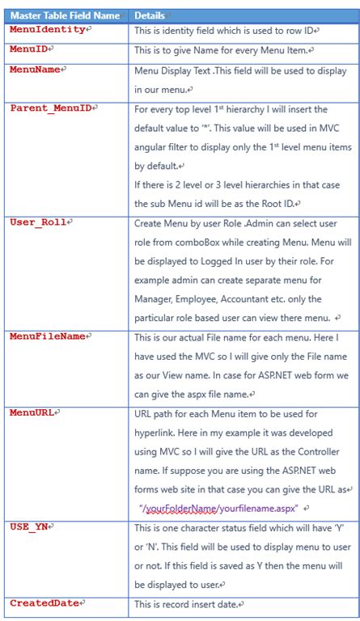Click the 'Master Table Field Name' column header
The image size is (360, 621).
64,15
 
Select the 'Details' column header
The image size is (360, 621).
150,15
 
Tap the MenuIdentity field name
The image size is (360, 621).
47,29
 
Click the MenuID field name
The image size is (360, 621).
31,49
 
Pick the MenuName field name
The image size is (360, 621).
35,70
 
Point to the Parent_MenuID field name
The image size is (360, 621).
50,108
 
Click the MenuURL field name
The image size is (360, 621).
33,412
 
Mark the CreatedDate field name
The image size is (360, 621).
44,602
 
